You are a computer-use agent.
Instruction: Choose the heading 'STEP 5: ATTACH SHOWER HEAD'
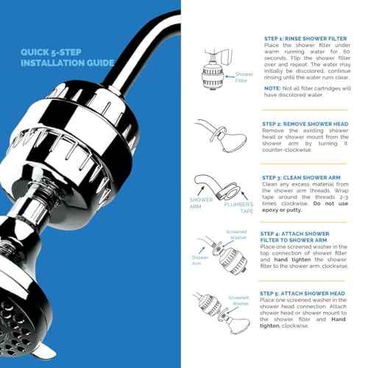pyautogui.click(x=301, y=294)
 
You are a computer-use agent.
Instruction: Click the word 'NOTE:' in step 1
pyautogui.click(x=272, y=88)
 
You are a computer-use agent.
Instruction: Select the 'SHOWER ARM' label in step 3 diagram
pyautogui.click(x=201, y=202)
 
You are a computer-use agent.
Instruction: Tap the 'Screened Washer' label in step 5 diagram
pyautogui.click(x=236, y=300)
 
